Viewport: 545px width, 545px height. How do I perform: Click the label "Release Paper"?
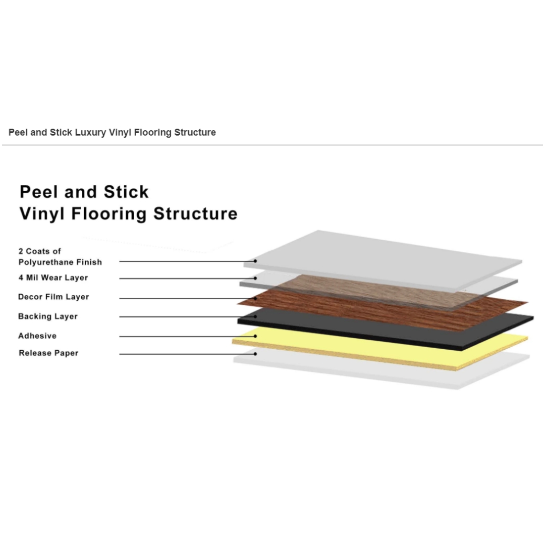(x=48, y=353)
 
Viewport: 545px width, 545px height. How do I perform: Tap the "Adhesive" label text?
(x=37, y=336)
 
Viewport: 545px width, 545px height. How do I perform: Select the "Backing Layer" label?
(x=47, y=316)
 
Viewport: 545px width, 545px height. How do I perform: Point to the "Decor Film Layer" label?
(x=53, y=297)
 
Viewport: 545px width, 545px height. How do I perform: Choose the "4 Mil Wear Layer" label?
(x=53, y=278)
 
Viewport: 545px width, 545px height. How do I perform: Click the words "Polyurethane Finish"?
(x=60, y=262)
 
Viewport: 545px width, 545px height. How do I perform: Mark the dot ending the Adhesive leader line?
(x=255, y=336)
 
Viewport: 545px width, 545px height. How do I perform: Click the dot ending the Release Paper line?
(x=255, y=354)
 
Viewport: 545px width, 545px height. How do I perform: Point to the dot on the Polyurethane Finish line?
(x=255, y=261)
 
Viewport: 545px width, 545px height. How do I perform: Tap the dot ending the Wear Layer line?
(x=255, y=278)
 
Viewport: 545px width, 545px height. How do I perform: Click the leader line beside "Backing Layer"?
(x=187, y=316)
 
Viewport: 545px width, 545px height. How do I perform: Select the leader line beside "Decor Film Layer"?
(x=187, y=298)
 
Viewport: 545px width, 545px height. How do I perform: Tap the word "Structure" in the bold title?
(x=195, y=213)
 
